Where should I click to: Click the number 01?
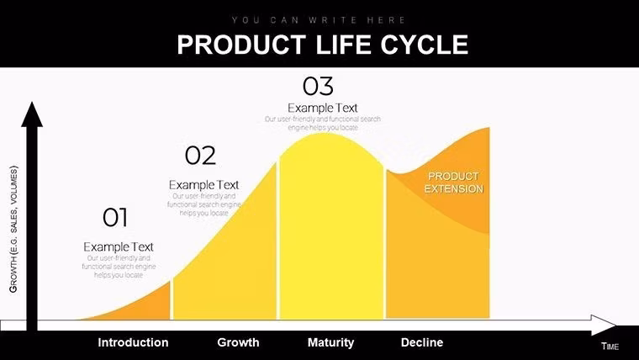pyautogui.click(x=115, y=218)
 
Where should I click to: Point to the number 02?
pyautogui.click(x=200, y=156)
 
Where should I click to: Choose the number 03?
pyautogui.click(x=318, y=86)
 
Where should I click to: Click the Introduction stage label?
pyautogui.click(x=133, y=342)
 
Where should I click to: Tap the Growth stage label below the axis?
pyautogui.click(x=238, y=342)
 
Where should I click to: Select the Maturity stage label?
pyautogui.click(x=330, y=342)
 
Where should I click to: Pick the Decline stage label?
pyautogui.click(x=421, y=342)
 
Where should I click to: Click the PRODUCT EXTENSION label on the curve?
pyautogui.click(x=453, y=183)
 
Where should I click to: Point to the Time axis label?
pyautogui.click(x=610, y=347)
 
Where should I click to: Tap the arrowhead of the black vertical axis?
pyautogui.click(x=32, y=114)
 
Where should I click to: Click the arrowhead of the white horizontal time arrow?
pyautogui.click(x=603, y=325)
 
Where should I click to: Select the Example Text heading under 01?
pyautogui.click(x=119, y=246)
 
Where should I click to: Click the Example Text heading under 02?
pyautogui.click(x=203, y=184)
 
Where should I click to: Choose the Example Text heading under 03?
pyautogui.click(x=322, y=108)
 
